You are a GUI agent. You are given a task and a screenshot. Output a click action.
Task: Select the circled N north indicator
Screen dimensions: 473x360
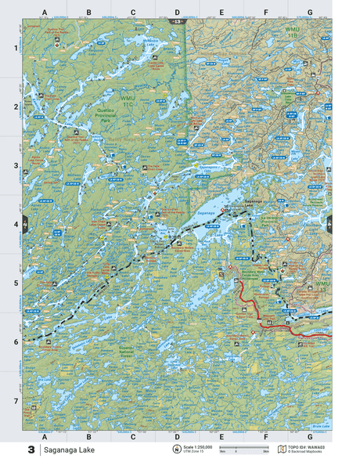176,450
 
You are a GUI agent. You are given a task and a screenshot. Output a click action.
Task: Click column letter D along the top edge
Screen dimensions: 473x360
177,13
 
